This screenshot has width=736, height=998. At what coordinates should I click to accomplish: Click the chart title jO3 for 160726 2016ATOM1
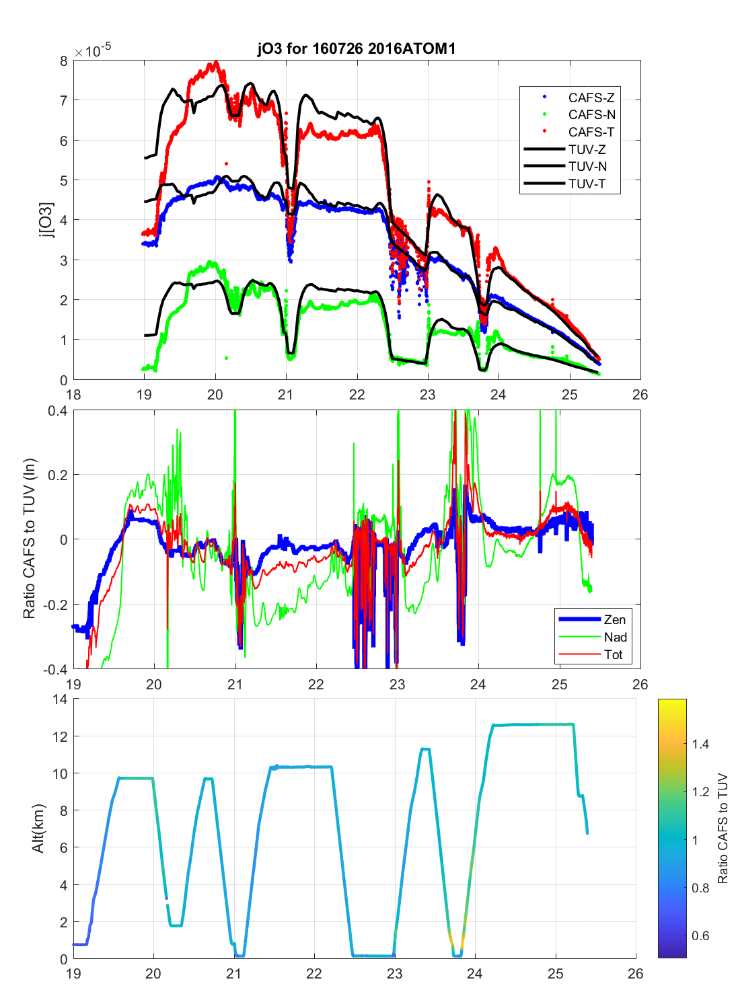tap(357, 48)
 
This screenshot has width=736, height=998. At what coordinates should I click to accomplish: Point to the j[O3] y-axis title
tap(46, 220)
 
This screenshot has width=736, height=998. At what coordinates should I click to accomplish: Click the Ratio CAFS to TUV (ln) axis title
tap(29, 539)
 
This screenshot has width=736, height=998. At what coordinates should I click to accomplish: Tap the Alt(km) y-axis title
tap(38, 829)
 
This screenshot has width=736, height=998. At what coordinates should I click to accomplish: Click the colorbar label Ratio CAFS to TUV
tap(723, 828)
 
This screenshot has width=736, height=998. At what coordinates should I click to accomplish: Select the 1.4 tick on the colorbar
tap(700, 744)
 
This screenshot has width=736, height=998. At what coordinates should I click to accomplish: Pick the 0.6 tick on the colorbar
tap(700, 935)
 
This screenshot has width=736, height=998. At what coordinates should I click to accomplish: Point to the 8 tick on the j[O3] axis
tap(64, 61)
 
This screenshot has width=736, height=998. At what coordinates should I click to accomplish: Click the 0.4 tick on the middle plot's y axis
tap(59, 411)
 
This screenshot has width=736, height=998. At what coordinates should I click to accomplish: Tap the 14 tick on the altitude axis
tap(61, 699)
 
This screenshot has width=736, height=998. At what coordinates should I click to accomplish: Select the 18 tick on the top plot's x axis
tap(73, 395)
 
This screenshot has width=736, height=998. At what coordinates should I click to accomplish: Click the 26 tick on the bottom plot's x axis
tap(636, 973)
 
